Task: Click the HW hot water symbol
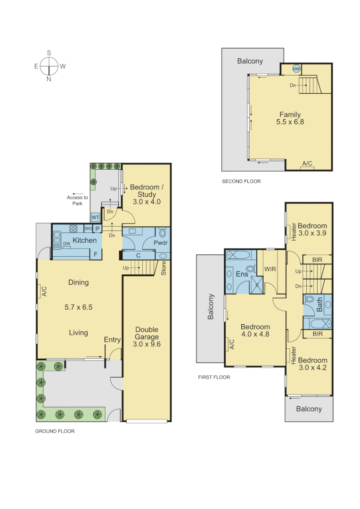[296, 69]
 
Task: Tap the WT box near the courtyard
[95, 217]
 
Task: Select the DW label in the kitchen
[67, 244]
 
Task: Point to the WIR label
[270, 269]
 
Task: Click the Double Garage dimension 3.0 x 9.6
[147, 345]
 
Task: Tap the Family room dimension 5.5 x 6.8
[290, 122]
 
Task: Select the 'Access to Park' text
[77, 201]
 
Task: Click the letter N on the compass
[49, 79]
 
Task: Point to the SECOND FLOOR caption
[241, 181]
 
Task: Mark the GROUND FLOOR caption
[55, 431]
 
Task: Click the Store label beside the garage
[164, 267]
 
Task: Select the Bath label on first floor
[320, 306]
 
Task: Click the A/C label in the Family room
[307, 164]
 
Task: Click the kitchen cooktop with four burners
[74, 229]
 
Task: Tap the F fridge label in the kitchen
[96, 254]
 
